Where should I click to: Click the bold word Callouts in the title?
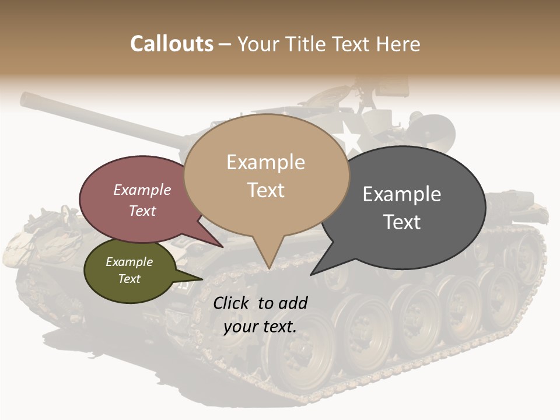171,44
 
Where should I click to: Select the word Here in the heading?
399,44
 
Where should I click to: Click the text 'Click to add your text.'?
260,315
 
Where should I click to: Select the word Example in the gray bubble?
402,194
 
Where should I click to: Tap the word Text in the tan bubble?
266,190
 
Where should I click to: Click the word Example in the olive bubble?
129,262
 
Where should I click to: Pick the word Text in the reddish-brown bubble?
142,211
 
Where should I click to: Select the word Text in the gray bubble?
402,222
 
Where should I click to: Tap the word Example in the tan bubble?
266,162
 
